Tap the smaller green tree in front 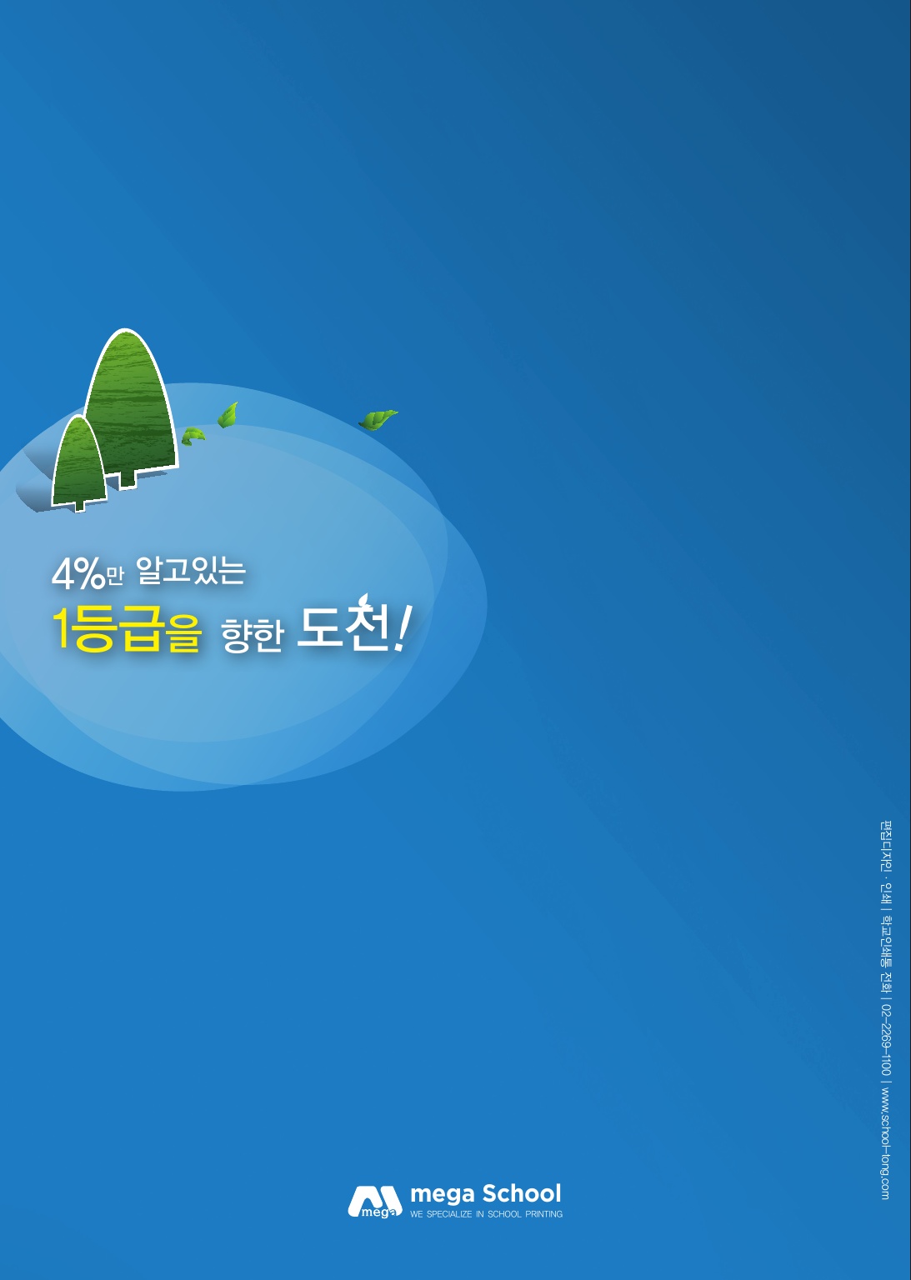pos(79,462)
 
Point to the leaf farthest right pos(378,419)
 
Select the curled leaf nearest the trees pos(193,436)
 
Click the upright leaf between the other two pos(228,415)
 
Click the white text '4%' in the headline pos(78,574)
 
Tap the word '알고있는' pos(191,570)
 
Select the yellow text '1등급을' pos(127,629)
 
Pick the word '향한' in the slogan pos(252,635)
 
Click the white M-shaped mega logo pos(375,1202)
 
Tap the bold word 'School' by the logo pos(521,1193)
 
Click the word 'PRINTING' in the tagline pos(543,1213)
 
